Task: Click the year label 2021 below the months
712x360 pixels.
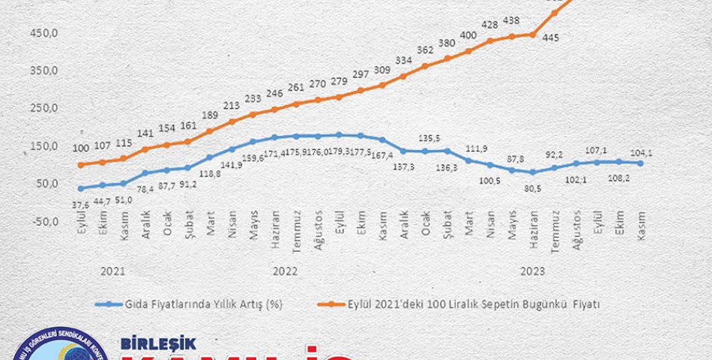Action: tap(111, 271)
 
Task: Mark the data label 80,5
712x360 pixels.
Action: tap(532, 189)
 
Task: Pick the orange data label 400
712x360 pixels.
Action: tap(468, 35)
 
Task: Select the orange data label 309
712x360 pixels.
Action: tap(383, 69)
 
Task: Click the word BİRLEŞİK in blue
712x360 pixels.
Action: tap(158, 344)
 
